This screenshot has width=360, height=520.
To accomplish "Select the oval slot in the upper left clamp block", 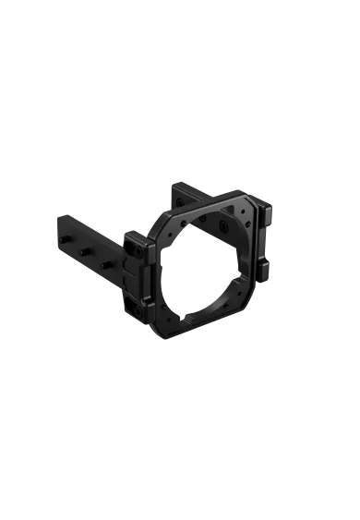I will point(138,248).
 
